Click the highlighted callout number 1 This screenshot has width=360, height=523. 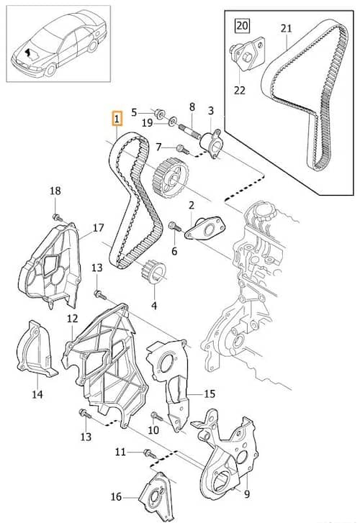[117, 119]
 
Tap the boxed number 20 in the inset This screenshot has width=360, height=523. [243, 25]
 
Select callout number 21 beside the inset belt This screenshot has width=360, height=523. [286, 29]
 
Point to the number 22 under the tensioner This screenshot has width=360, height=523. [240, 90]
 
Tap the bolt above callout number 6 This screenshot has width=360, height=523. [175, 227]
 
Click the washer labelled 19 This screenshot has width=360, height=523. [173, 122]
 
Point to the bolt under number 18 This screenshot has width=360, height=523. [58, 217]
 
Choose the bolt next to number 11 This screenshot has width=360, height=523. [149, 453]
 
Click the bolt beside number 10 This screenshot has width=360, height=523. [157, 416]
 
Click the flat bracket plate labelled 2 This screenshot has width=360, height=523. [205, 229]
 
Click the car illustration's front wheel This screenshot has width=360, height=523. [50, 70]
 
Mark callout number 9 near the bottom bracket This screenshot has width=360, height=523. [247, 494]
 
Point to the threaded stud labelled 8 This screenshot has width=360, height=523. [189, 131]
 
